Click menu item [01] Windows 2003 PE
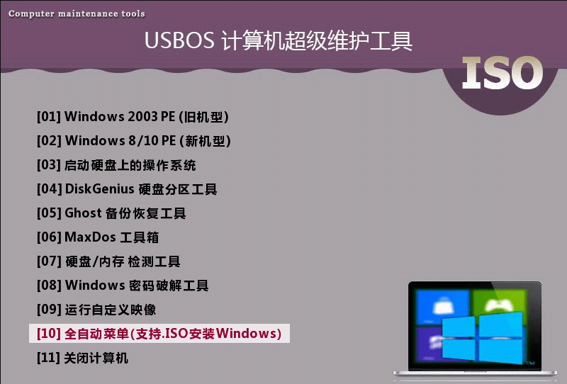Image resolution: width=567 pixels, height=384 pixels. [133, 117]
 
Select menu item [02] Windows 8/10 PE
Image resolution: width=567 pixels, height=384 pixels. [134, 141]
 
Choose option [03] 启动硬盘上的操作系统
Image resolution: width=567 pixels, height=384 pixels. [116, 165]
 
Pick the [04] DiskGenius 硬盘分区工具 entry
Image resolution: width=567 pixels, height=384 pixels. [127, 189]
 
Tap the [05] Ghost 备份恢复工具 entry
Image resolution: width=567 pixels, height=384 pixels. [111, 213]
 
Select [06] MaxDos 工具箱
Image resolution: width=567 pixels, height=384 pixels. [98, 237]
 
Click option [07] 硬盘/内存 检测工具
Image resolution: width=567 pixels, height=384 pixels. [108, 261]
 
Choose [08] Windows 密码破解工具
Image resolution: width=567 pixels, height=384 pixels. [123, 286]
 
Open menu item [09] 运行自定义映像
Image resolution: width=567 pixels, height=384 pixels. [96, 310]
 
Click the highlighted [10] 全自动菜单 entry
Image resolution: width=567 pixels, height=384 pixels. [159, 333]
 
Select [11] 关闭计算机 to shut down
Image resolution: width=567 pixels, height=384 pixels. [82, 358]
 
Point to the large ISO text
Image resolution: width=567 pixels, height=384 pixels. [503, 73]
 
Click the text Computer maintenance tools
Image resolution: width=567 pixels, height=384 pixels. [77, 13]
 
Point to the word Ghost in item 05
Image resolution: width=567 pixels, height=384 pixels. [83, 213]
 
